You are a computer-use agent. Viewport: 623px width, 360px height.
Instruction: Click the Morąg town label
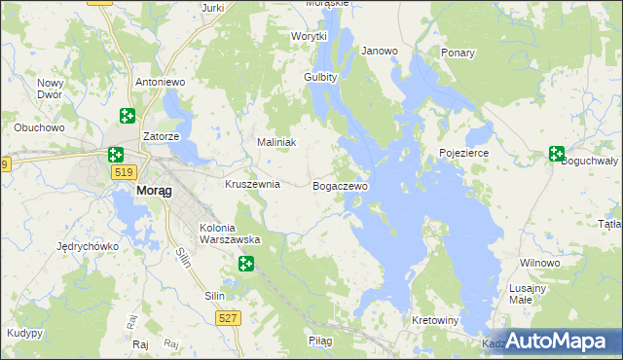click(x=155, y=191)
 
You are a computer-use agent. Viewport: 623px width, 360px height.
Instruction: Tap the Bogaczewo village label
click(x=341, y=185)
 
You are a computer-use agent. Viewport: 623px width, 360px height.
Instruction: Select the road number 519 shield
click(x=123, y=172)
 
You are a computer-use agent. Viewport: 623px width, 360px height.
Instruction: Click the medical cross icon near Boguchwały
click(x=556, y=153)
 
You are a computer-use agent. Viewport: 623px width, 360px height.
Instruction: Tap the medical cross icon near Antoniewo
click(x=127, y=117)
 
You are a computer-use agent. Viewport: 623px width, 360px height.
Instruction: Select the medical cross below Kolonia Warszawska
click(x=245, y=263)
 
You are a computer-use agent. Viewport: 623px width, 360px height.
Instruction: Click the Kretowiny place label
click(x=435, y=320)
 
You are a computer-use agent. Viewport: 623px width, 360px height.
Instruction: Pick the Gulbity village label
click(x=320, y=77)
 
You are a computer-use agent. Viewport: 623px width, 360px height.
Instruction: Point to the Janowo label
click(x=380, y=51)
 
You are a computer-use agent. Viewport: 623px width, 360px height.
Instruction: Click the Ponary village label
click(x=458, y=52)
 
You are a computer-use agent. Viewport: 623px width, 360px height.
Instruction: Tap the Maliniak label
click(x=275, y=142)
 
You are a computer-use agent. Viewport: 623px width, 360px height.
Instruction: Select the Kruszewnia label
click(x=252, y=184)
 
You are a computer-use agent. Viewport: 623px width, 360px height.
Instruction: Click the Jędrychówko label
click(x=88, y=246)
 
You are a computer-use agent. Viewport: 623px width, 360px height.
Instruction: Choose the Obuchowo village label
click(x=39, y=127)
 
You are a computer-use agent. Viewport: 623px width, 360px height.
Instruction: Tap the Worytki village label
click(x=310, y=36)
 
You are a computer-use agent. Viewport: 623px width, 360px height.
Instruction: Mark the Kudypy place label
click(x=24, y=333)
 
